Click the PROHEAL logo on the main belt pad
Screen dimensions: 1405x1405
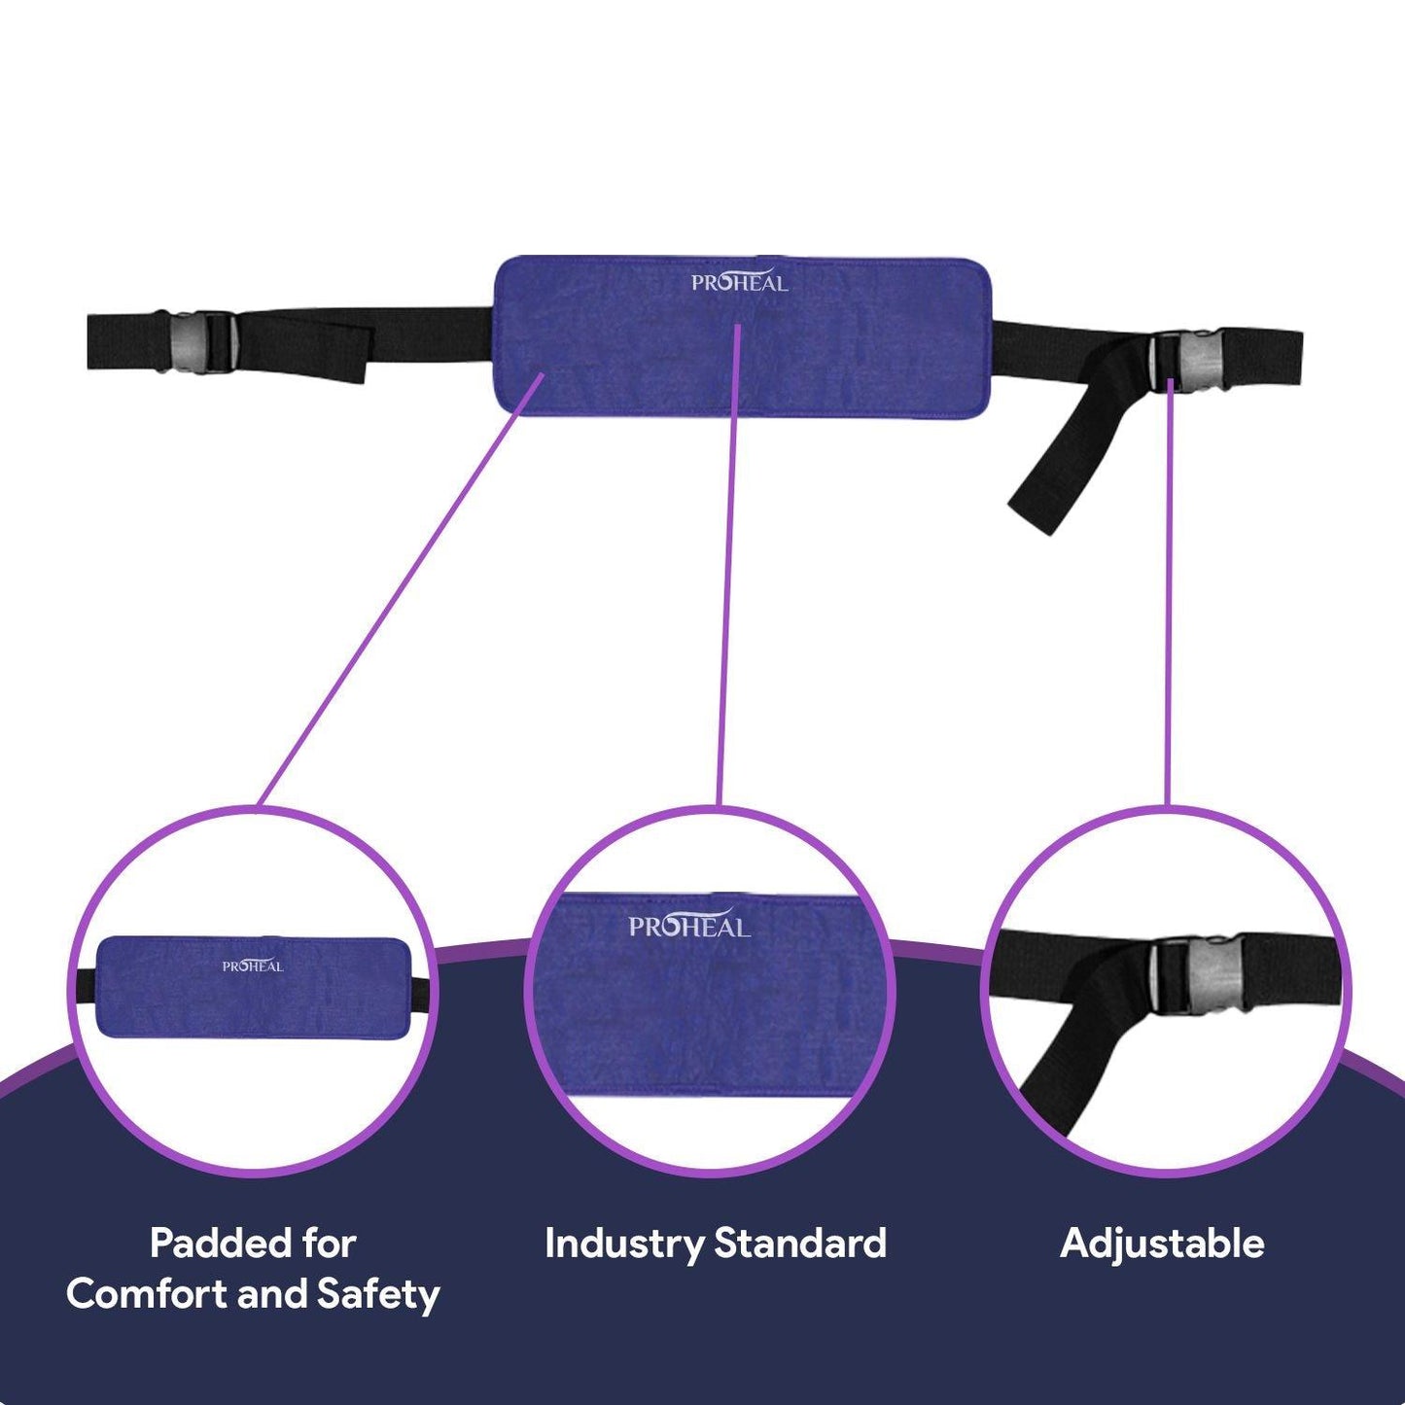pos(739,282)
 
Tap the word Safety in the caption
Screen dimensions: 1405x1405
pos(378,1295)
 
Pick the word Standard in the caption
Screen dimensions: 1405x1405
pos(800,1244)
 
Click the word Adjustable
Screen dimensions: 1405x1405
pos(1162,1244)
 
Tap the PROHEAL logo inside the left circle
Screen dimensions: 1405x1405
pos(253,966)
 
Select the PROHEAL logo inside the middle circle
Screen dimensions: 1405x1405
pos(689,926)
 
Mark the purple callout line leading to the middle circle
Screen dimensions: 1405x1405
pos(728,564)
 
